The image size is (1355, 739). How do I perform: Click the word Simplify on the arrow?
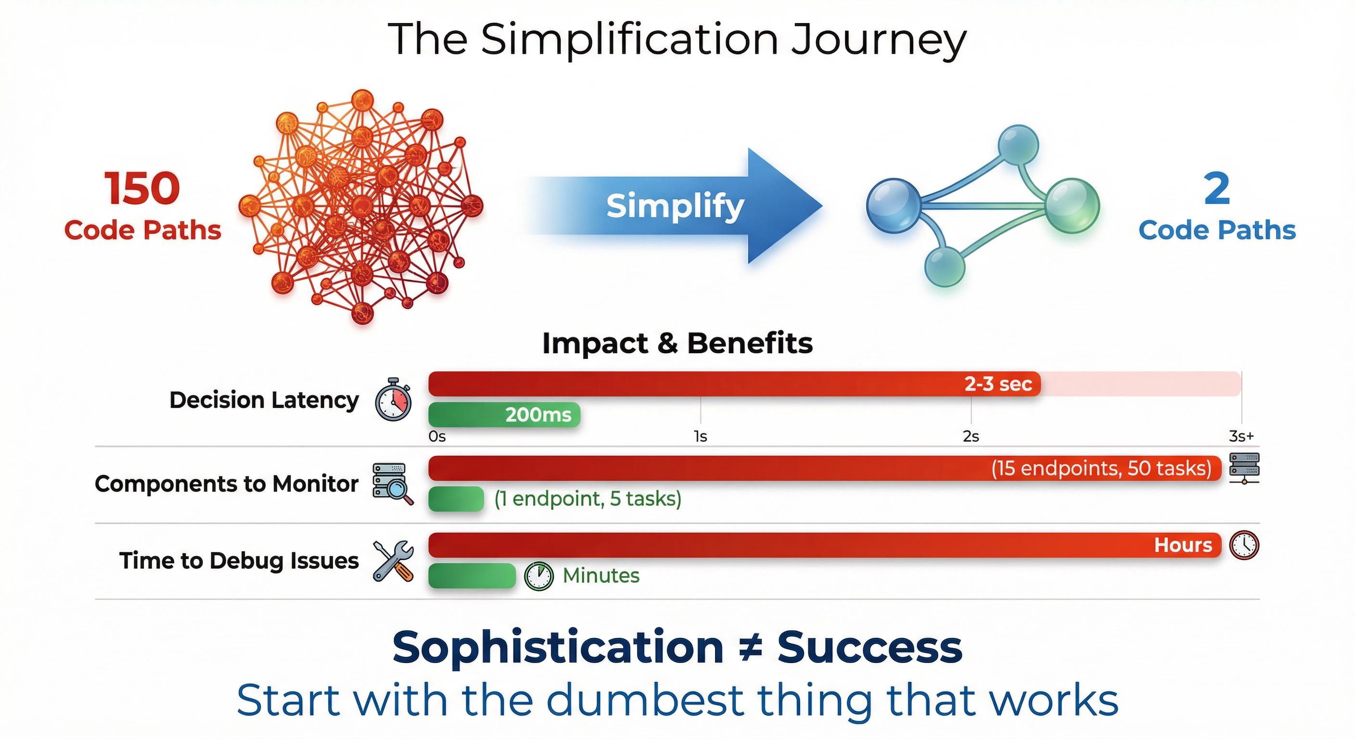click(676, 206)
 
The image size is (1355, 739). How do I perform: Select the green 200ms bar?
click(504, 414)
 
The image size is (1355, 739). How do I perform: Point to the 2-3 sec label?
click(998, 384)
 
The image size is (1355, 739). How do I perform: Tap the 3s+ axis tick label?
click(1241, 436)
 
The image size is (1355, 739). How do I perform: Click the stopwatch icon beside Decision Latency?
click(394, 399)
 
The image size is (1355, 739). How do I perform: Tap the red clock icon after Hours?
click(1244, 545)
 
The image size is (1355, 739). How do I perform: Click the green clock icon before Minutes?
click(538, 576)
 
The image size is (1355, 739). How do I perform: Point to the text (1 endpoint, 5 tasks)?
click(588, 498)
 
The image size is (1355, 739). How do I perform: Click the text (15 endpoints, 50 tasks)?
click(1101, 468)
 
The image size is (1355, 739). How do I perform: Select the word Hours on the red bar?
click(1183, 545)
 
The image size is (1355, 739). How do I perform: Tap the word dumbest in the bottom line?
click(645, 700)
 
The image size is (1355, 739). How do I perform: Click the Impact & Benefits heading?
click(677, 344)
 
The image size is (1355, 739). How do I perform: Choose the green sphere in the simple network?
click(1072, 205)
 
